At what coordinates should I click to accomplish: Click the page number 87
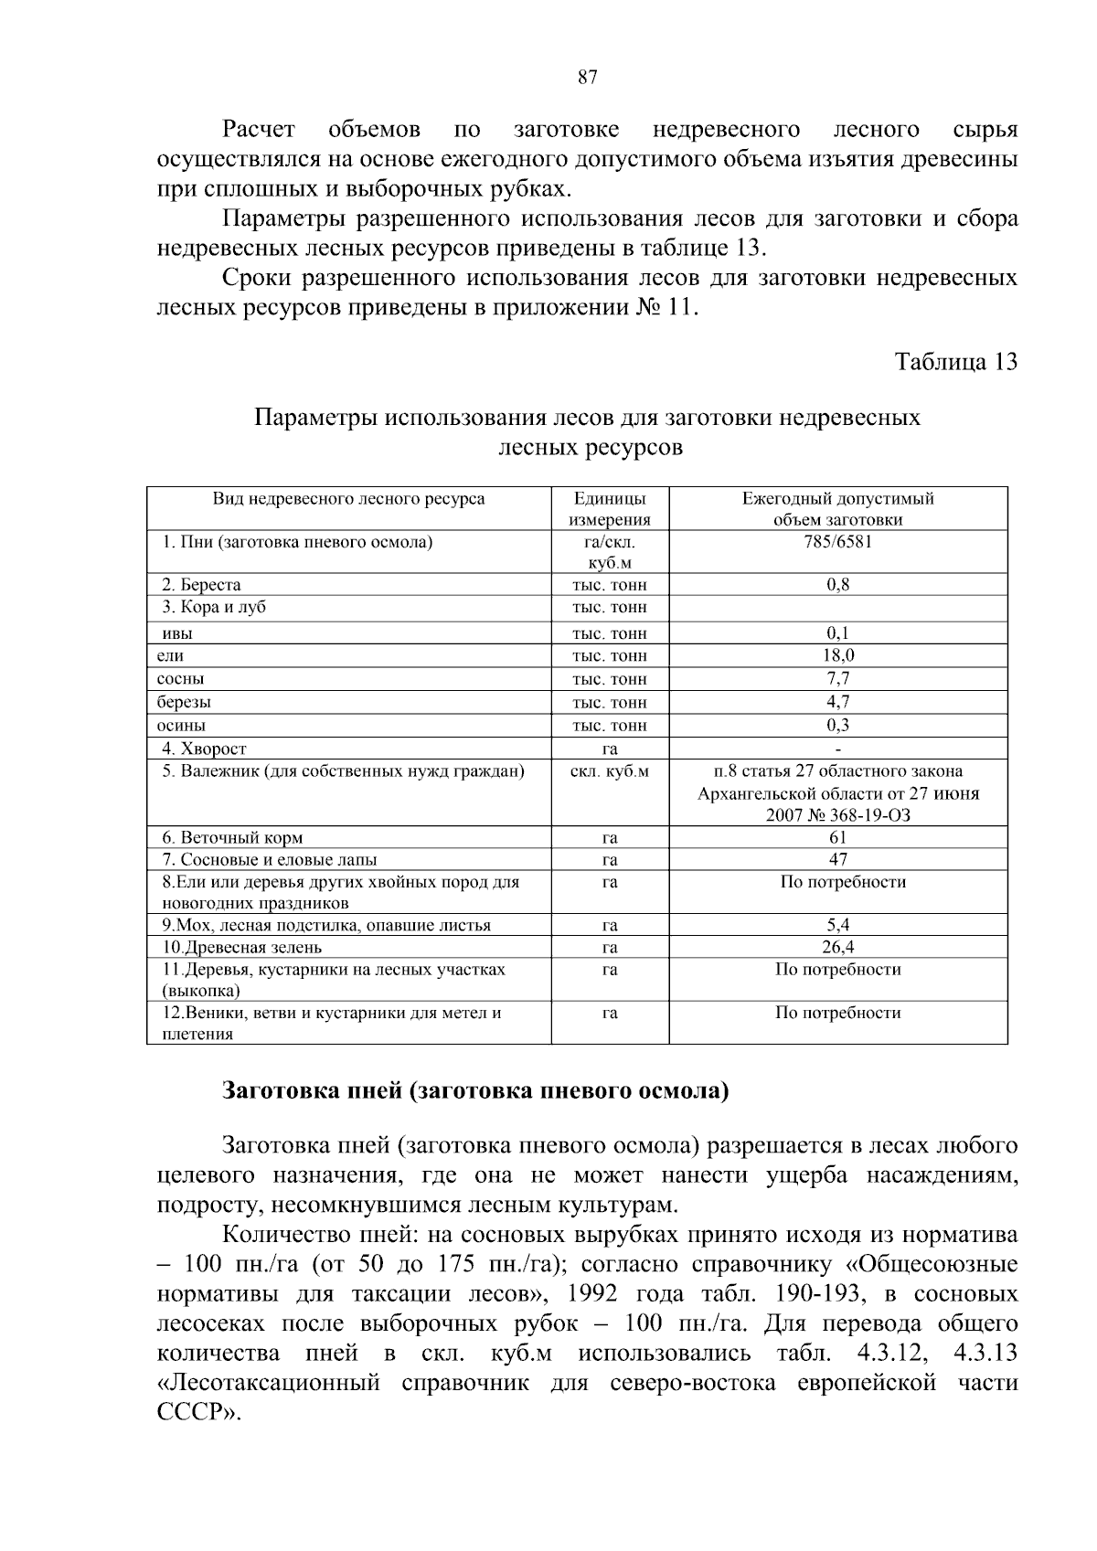[588, 78]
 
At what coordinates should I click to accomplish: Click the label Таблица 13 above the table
[955, 361]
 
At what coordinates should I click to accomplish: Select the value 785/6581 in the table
[837, 542]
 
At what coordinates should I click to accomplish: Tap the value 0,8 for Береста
[837, 585]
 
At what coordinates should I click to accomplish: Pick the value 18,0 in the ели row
[837, 655]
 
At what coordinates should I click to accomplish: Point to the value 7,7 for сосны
[837, 678]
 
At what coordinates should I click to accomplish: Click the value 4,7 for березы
[837, 702]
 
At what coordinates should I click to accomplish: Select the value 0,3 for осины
[837, 725]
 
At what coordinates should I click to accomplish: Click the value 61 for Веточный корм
[837, 837]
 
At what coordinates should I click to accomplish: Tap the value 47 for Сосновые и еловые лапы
[837, 859]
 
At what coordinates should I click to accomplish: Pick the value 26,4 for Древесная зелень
[837, 947]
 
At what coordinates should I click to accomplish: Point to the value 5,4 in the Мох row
[837, 925]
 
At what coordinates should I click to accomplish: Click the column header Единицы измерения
[610, 509]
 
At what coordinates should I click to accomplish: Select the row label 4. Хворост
[205, 749]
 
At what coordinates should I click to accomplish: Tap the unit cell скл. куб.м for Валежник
[610, 771]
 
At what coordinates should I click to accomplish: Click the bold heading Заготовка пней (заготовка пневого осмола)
[475, 1091]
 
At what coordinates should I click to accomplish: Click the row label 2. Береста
[201, 585]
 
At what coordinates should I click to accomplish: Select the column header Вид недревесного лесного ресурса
[348, 499]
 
